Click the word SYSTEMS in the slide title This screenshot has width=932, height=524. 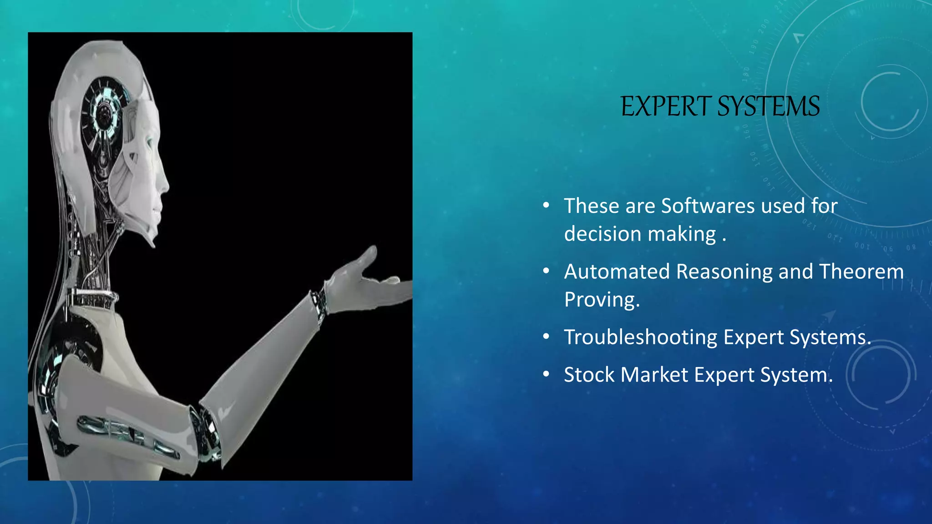click(769, 107)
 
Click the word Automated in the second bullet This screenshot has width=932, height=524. click(617, 272)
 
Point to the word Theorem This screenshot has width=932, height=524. click(861, 272)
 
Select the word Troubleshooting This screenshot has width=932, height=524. click(640, 338)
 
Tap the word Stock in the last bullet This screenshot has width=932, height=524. click(589, 375)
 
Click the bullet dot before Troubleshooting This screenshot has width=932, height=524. click(546, 337)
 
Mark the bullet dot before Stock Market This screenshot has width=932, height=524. click(546, 374)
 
